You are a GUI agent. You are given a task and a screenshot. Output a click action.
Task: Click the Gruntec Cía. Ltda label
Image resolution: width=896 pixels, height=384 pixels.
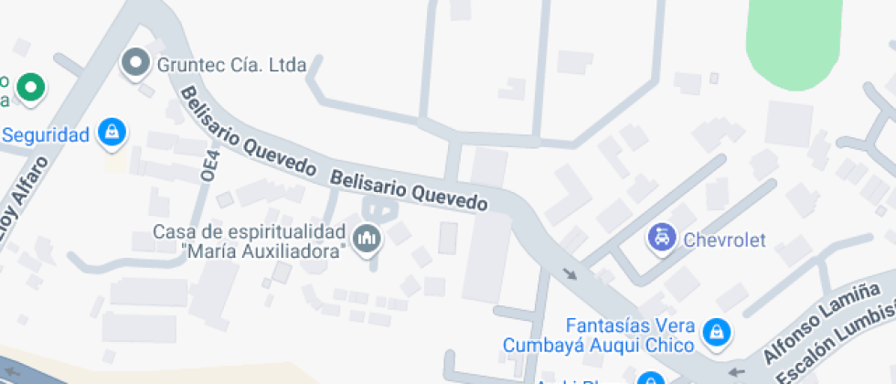[231, 65]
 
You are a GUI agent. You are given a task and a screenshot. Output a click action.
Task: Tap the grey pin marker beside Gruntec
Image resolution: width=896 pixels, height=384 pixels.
[137, 62]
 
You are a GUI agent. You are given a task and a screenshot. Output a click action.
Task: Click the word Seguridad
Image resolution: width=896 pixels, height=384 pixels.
[46, 135]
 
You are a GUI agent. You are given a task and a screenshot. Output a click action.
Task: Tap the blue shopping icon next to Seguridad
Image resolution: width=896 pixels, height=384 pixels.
[112, 132]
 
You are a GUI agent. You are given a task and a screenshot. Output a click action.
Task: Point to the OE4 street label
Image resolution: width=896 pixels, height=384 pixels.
[208, 165]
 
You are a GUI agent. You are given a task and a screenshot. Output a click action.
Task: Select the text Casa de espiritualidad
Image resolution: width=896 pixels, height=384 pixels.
[249, 231]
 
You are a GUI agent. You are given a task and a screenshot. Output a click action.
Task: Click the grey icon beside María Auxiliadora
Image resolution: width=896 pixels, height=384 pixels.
[368, 240]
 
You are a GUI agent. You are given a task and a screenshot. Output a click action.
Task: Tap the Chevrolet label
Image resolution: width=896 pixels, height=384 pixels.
[724, 240]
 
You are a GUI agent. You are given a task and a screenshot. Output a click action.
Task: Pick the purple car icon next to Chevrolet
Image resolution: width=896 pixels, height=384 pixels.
[661, 239]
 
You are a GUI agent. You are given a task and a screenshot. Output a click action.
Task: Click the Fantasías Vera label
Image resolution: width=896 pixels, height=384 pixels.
[631, 326]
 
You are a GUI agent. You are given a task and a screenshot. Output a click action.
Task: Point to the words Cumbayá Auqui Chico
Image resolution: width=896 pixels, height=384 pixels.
[599, 346]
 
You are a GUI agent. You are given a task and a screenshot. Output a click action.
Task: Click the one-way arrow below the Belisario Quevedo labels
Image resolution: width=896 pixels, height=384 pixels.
[571, 272]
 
